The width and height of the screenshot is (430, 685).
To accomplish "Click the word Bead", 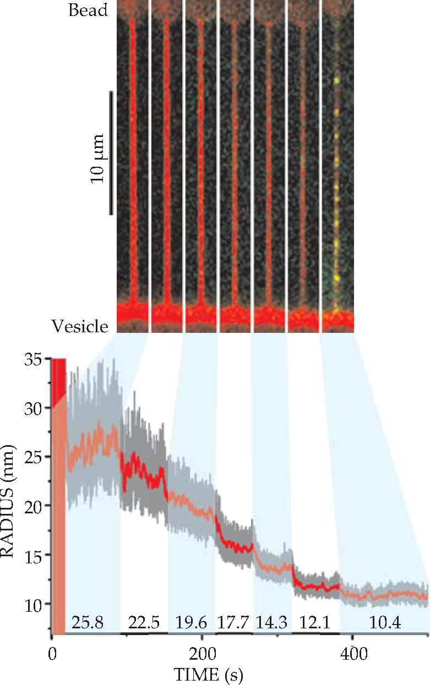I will (x=88, y=10).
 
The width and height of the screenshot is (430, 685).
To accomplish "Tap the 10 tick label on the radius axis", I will (x=34, y=605).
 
